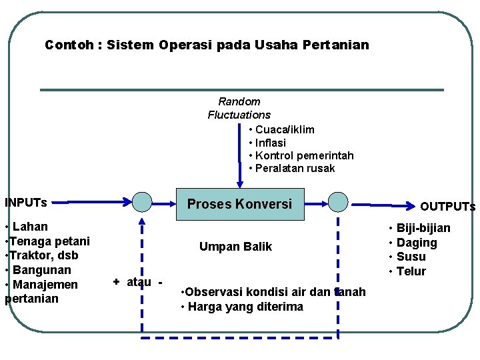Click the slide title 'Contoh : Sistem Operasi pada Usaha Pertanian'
pos(206,45)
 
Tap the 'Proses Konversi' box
pos(239,204)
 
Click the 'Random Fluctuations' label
pos(239,108)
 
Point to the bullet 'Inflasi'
pos(271,143)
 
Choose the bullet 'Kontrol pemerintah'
pos(304,155)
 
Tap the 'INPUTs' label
pos(26,202)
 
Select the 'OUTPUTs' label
pos(447,207)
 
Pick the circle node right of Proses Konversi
pos(338,201)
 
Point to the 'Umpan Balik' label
pos(235,247)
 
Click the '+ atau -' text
pos(138,282)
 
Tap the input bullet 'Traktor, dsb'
pos(43,255)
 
